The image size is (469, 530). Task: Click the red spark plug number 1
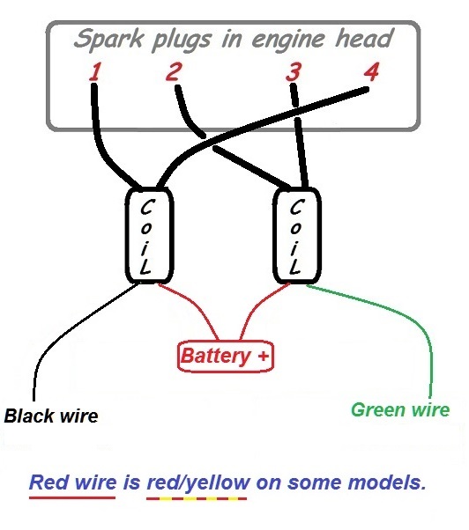click(95, 71)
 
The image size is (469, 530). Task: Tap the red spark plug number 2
click(174, 71)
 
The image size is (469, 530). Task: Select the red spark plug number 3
click(293, 71)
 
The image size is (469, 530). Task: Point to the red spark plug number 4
click(371, 71)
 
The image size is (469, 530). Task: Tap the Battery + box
click(225, 356)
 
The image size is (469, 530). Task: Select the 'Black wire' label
click(51, 416)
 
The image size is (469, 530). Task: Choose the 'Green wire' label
click(400, 410)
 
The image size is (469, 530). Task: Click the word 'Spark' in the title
click(109, 40)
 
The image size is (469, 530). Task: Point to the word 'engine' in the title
click(288, 40)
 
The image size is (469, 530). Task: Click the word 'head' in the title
click(364, 37)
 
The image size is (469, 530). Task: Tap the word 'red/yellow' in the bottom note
click(198, 482)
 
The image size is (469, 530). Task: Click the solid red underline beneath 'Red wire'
click(72, 497)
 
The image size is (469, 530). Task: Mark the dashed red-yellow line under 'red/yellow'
click(197, 498)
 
